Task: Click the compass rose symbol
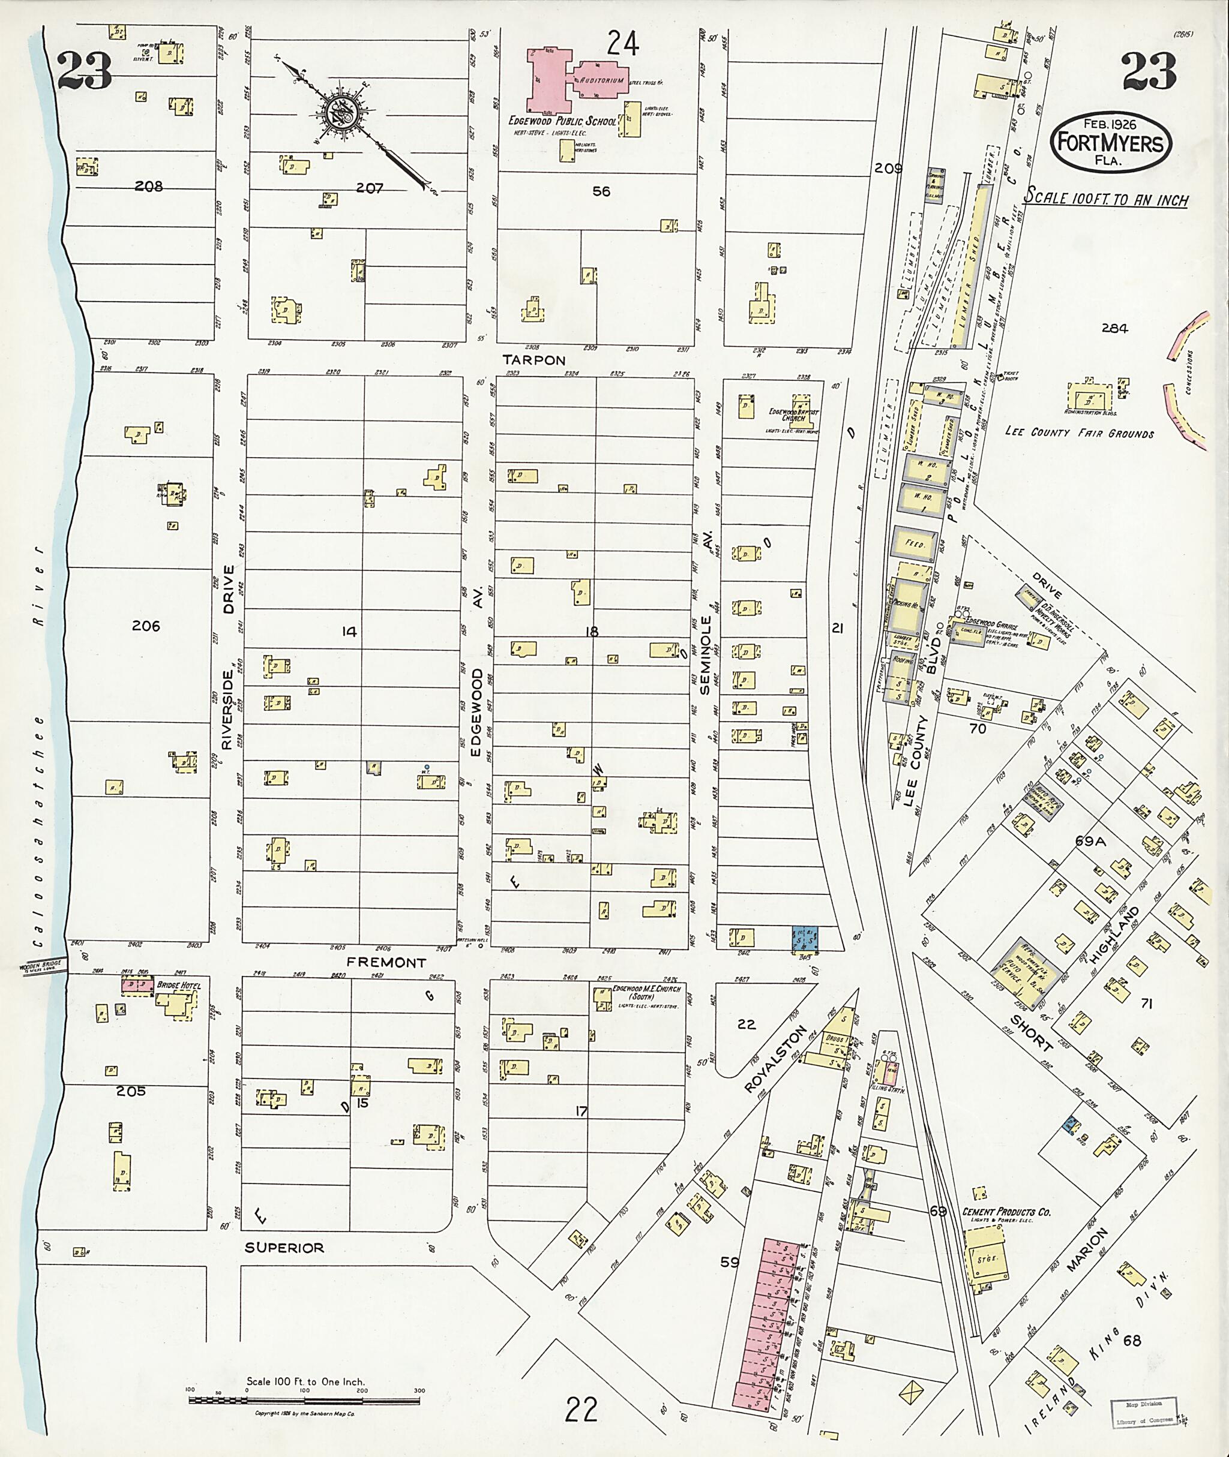[x=346, y=112]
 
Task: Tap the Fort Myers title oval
[x=1111, y=142]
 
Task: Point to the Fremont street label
[x=386, y=963]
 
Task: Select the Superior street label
[x=284, y=1248]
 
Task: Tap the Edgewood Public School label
[x=562, y=121]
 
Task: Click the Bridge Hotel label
[x=178, y=986]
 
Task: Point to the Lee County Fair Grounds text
[x=1079, y=432]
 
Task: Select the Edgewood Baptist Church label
[x=793, y=415]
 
